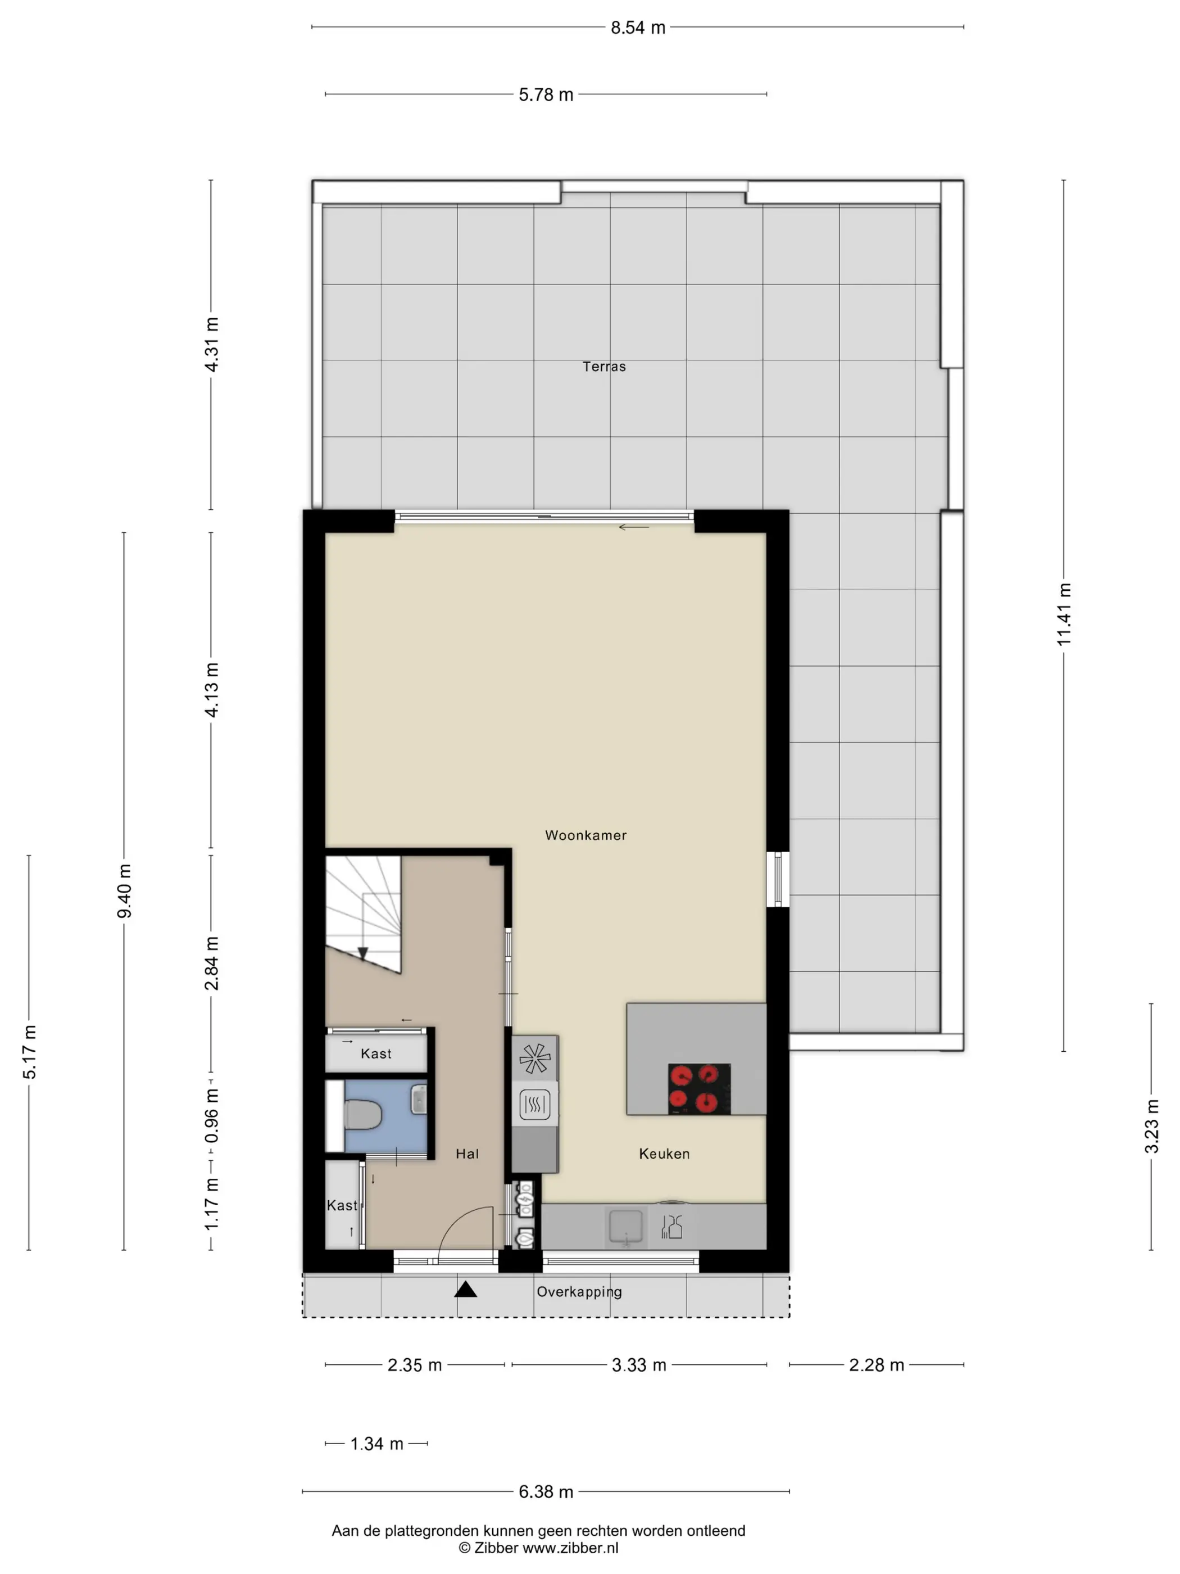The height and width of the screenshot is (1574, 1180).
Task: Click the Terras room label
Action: [x=604, y=367]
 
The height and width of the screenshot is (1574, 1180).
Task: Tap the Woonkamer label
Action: [x=586, y=835]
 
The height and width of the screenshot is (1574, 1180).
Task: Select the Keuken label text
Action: [x=664, y=1154]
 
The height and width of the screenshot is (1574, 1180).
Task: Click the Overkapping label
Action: [x=579, y=1291]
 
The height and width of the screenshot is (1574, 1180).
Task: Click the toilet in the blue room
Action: [x=363, y=1115]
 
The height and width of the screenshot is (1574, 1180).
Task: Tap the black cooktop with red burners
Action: [x=699, y=1089]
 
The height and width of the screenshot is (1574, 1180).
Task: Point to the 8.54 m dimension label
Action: [x=638, y=28]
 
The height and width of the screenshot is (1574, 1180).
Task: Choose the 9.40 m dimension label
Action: [x=124, y=891]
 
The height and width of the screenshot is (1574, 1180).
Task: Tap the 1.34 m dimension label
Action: [x=377, y=1444]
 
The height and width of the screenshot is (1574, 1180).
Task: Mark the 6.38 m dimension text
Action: [x=546, y=1491]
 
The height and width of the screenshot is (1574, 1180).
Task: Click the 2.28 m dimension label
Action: [x=876, y=1365]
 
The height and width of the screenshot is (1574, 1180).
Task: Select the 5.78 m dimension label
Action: [x=546, y=94]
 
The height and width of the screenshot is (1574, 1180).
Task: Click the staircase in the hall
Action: [x=363, y=915]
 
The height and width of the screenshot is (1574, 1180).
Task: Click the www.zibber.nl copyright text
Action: [x=538, y=1548]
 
